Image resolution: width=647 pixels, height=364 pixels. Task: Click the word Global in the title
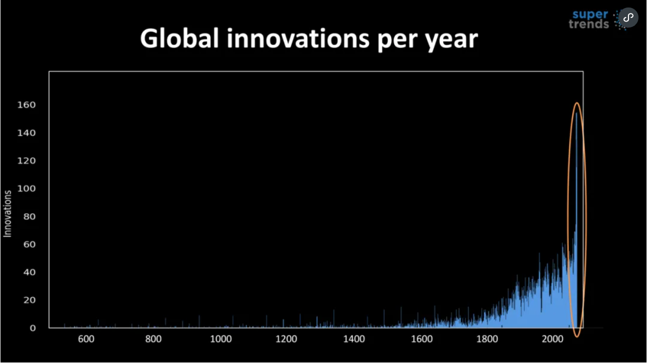click(x=179, y=38)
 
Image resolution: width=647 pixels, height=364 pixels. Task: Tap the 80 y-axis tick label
click(x=30, y=216)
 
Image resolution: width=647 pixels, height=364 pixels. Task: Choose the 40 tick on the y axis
click(x=30, y=272)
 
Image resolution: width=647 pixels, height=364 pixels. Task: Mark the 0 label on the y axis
click(x=33, y=328)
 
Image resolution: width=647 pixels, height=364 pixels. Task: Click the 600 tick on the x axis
click(x=86, y=339)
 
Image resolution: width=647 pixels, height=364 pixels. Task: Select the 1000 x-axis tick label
click(x=220, y=339)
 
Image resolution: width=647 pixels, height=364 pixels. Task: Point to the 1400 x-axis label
click(x=354, y=339)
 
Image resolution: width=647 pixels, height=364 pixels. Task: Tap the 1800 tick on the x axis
click(x=488, y=339)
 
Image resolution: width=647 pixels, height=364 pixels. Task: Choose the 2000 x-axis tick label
click(x=554, y=339)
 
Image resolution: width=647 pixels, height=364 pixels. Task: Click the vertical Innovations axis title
click(x=8, y=213)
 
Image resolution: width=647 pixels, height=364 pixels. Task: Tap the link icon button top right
click(x=628, y=18)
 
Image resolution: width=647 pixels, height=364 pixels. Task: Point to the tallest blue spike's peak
click(x=576, y=113)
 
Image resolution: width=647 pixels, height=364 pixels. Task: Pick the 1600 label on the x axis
click(x=421, y=339)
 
